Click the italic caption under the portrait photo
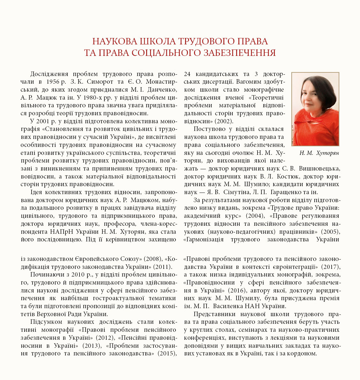click(319, 153)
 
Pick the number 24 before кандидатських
click(188, 74)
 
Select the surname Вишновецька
click(319, 169)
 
